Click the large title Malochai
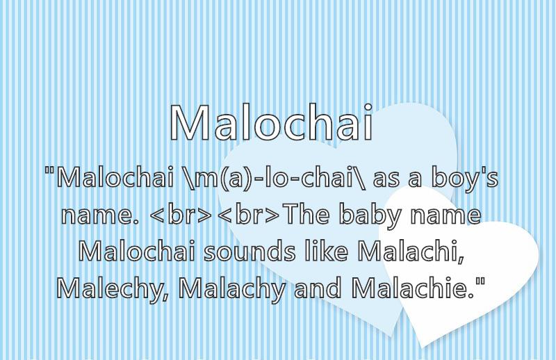[x=271, y=123]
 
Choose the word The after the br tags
[x=307, y=214]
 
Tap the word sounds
[x=250, y=251]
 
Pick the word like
[x=326, y=250]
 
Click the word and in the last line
[x=318, y=288]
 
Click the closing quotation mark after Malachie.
[x=480, y=281]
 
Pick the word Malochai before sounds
[x=136, y=251]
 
